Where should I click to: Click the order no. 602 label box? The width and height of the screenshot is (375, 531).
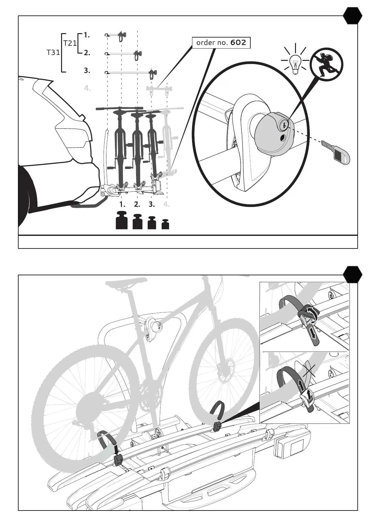(x=221, y=43)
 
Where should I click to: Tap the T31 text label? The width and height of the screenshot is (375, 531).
(x=53, y=52)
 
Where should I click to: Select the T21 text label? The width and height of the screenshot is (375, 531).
(x=70, y=43)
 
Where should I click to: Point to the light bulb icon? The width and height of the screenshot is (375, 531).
(x=295, y=64)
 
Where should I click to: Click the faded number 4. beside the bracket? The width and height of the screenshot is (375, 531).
(x=87, y=88)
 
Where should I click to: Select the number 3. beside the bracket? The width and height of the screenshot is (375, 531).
(x=87, y=71)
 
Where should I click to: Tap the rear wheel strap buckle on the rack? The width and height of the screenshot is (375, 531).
(x=118, y=460)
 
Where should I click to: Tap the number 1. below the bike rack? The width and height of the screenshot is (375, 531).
(x=122, y=204)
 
